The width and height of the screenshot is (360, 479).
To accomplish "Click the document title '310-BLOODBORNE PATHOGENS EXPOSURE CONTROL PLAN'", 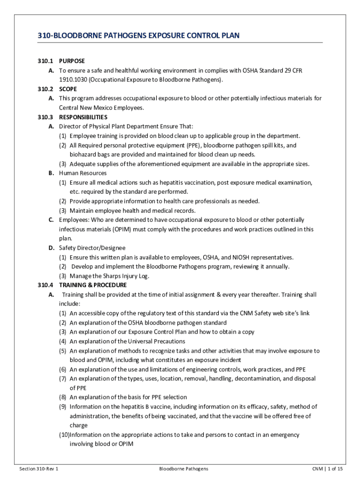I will pyautogui.click(x=132, y=36).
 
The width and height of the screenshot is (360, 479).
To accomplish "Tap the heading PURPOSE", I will pyautogui.click(x=72, y=61).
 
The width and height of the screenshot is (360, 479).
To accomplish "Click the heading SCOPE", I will pyautogui.click(x=68, y=89).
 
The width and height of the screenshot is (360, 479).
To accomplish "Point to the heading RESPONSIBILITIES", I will pyautogui.click(x=83, y=117).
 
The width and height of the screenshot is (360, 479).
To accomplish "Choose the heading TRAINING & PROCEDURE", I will pyautogui.click(x=93, y=285).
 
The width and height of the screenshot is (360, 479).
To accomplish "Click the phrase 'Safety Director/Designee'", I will pyautogui.click(x=92, y=248).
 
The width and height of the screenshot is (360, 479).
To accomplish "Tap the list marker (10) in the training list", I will pyautogui.click(x=64, y=435).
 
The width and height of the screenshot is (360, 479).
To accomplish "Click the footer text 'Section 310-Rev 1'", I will pyautogui.click(x=39, y=468).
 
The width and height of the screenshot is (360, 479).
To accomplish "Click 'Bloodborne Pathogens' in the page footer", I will pyautogui.click(x=183, y=468).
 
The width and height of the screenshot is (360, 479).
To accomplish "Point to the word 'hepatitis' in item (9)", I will pyautogui.click(x=122, y=407).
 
